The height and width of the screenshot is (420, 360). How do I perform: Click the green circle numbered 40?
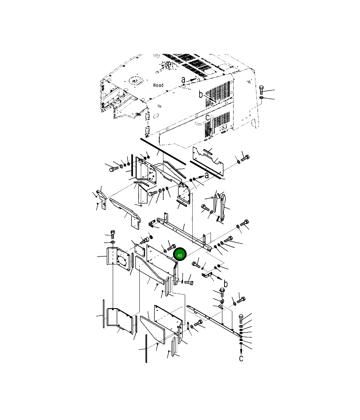pyautogui.click(x=180, y=254)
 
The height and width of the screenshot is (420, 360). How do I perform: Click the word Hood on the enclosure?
pyautogui.click(x=158, y=85)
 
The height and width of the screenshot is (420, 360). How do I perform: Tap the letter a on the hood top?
pyautogui.click(x=183, y=80)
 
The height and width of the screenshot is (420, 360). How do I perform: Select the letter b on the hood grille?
pyautogui.click(x=201, y=94)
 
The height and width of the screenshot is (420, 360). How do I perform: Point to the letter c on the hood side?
pyautogui.click(x=207, y=118)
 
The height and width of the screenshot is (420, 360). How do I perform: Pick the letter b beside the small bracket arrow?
pyautogui.click(x=225, y=284)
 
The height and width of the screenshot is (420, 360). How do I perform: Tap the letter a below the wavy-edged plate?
pyautogui.click(x=207, y=175)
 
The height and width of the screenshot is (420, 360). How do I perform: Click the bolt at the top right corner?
pyautogui.click(x=261, y=90)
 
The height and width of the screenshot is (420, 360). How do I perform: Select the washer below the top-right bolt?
pyautogui.click(x=261, y=98)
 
